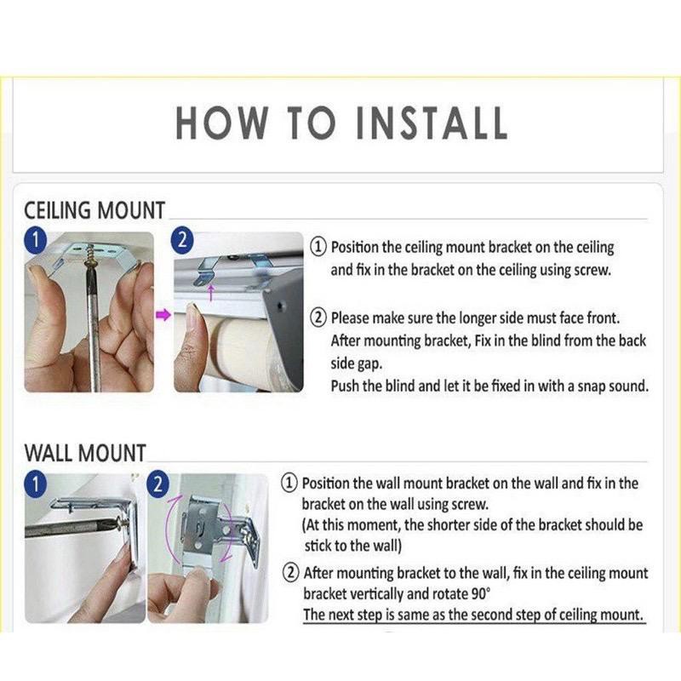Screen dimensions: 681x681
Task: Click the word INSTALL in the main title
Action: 432,123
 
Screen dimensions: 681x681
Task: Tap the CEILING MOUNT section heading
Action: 94,210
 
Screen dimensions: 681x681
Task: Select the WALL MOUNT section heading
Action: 85,453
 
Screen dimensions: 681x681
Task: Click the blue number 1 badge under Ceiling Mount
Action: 35,241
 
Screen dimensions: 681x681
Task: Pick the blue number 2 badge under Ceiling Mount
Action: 183,239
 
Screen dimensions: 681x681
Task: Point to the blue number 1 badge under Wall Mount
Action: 35,484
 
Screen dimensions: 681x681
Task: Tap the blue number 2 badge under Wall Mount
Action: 158,484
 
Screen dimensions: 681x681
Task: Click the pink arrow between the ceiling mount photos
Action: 163,315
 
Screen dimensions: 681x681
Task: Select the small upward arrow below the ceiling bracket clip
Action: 211,292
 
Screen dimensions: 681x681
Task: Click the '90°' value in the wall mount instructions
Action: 480,592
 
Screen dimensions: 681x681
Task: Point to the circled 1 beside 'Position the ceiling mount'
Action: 318,247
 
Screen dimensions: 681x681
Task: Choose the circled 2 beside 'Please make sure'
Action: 318,318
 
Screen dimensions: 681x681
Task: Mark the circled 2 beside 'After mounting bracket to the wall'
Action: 290,573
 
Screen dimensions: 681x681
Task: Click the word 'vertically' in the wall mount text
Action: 377,593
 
